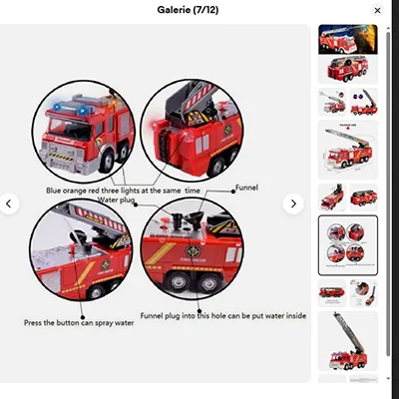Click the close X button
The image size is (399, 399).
tap(377, 10)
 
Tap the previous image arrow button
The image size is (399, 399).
tap(9, 203)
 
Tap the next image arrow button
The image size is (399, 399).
tap(293, 203)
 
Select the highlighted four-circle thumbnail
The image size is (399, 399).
tap(348, 244)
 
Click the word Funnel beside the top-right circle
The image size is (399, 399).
tap(247, 187)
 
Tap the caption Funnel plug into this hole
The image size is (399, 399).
tap(222, 315)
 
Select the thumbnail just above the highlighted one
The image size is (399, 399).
tap(348, 196)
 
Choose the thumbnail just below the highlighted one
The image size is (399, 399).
tap(348, 292)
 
